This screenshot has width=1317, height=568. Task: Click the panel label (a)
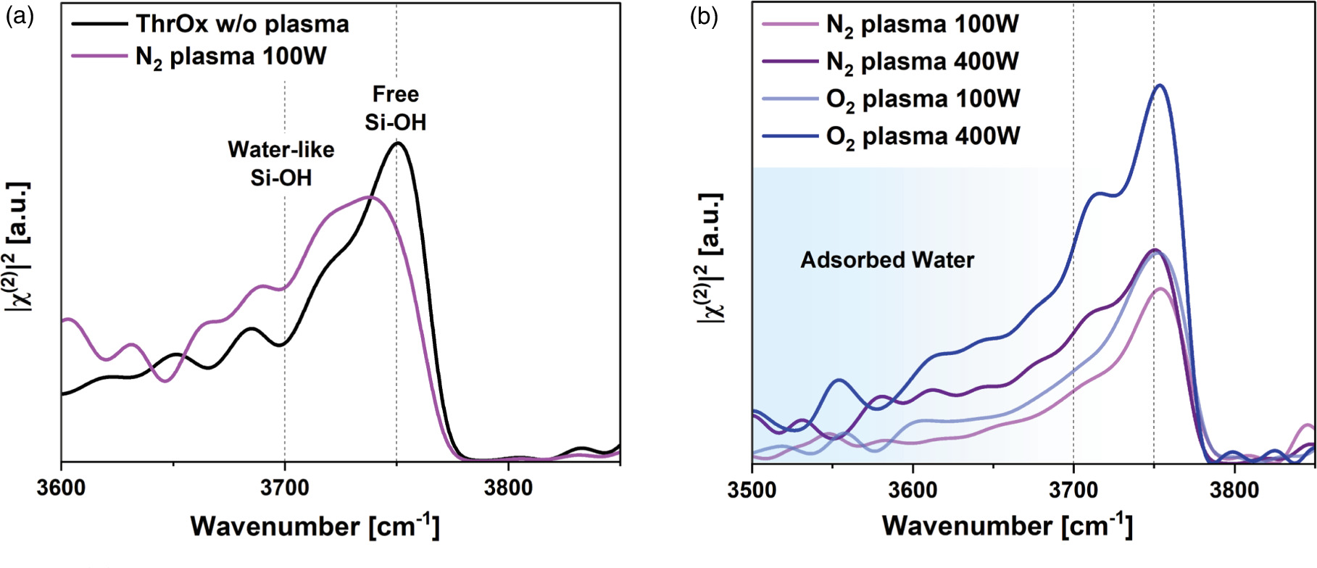[x=20, y=17]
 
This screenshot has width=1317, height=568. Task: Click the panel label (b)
[x=703, y=17]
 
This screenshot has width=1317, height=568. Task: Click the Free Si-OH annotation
[x=396, y=108]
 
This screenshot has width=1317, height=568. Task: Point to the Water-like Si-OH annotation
[x=281, y=163]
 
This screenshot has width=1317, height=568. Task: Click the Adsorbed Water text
[x=887, y=260]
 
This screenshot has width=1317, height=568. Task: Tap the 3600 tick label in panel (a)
[x=61, y=488]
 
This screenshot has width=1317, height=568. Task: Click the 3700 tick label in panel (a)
[x=285, y=488]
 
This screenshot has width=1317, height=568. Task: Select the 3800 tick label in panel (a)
[x=508, y=488]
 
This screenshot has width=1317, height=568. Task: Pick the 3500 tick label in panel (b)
[x=752, y=490]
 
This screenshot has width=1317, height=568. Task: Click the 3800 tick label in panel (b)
[x=1234, y=490]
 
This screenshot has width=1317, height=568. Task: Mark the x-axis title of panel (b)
[x=1007, y=525]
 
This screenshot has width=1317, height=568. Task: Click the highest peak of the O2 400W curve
[x=1160, y=85]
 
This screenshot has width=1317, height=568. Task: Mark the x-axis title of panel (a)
[x=315, y=525]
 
